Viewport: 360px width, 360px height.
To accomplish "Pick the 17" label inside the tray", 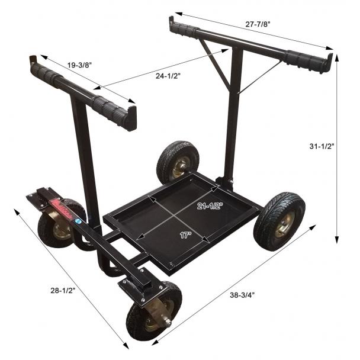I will tap(185, 234).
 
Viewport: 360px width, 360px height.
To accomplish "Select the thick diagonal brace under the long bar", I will tap(219, 68).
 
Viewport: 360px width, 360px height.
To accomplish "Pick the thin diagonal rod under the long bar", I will tap(261, 77).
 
